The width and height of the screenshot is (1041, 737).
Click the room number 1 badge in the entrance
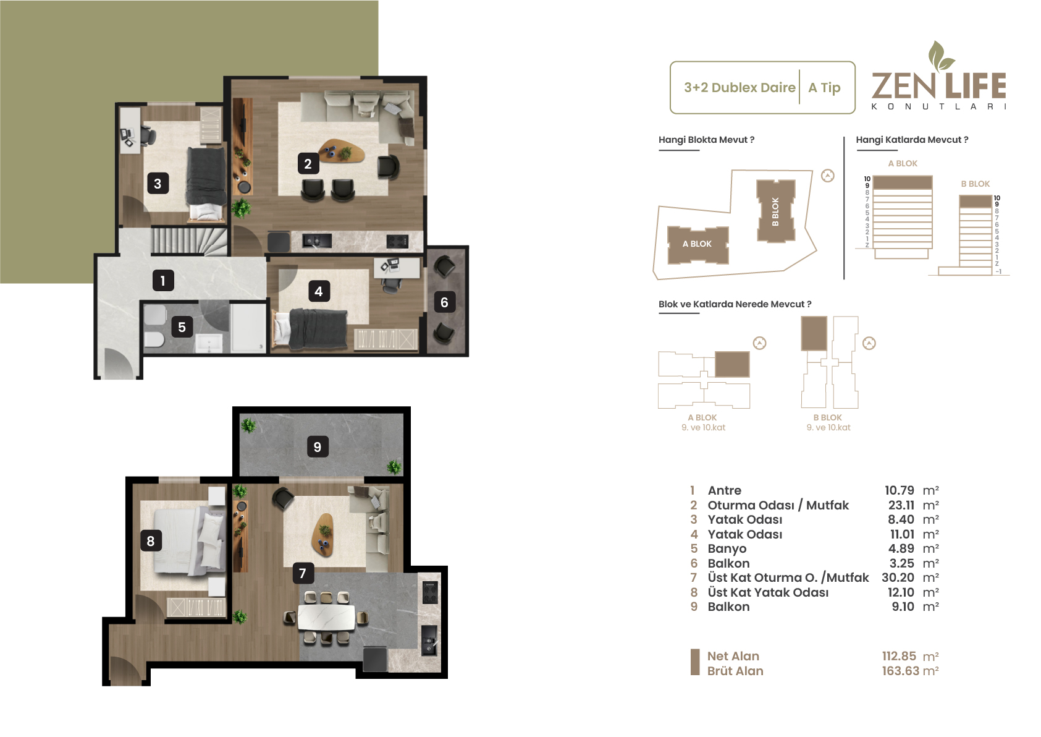pos(163,281)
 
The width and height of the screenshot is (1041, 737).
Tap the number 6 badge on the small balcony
pos(444,303)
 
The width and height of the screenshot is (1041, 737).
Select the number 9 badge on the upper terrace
pos(318,447)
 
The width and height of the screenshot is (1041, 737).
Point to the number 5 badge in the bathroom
pos(182,327)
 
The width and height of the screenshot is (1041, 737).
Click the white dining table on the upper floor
pos(326,618)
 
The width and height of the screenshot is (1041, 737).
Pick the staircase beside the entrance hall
pos(189,241)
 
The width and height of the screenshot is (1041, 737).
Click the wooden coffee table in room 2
pos(342,151)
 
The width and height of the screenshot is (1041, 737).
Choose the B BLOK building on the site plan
pos(775,211)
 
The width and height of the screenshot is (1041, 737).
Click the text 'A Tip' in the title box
pos(824,87)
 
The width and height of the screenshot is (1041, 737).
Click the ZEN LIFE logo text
pos(939,86)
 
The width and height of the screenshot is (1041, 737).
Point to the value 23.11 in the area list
pos(901,505)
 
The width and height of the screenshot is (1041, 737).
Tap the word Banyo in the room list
pos(727,548)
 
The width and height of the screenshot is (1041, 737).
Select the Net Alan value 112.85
pos(899,656)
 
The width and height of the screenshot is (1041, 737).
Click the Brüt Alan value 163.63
pos(901,671)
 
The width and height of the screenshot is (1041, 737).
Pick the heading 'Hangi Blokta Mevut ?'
pos(706,140)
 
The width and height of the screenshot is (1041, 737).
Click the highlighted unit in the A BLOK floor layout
pos(732,364)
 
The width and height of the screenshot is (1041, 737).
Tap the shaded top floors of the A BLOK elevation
pos(903,182)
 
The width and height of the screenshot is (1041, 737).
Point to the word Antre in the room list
pos(725,490)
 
